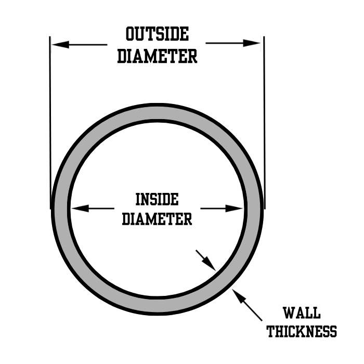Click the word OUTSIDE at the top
[157, 34]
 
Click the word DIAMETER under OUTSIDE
[157, 56]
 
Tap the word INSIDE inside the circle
[157, 199]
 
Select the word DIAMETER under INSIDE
[157, 219]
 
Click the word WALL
[302, 314]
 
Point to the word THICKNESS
[302, 331]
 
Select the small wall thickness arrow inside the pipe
[207, 261]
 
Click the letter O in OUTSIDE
[131, 34]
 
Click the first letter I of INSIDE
[138, 199]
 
